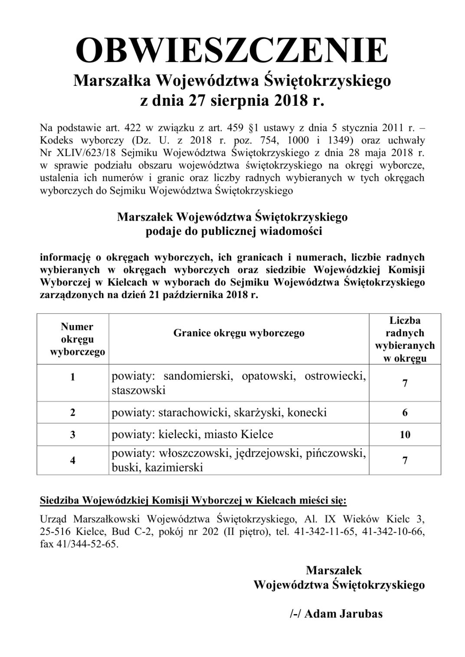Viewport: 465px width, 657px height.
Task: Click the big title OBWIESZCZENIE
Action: click(x=232, y=51)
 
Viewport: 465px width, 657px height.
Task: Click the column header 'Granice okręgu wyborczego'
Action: click(x=239, y=333)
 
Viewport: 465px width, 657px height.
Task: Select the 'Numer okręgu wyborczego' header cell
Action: click(x=77, y=339)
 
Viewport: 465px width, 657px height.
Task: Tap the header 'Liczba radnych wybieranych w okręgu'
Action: click(x=405, y=339)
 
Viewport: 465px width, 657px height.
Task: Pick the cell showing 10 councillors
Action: click(x=405, y=435)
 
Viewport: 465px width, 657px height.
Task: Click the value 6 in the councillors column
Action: click(x=405, y=412)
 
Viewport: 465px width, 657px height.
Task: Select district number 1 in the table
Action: click(x=72, y=377)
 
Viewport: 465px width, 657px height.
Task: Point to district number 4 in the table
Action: click(x=72, y=460)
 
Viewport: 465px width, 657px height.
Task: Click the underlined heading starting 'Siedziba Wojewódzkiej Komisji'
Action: click(x=193, y=501)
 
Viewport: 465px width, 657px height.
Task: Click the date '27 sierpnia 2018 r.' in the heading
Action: click(x=256, y=101)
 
